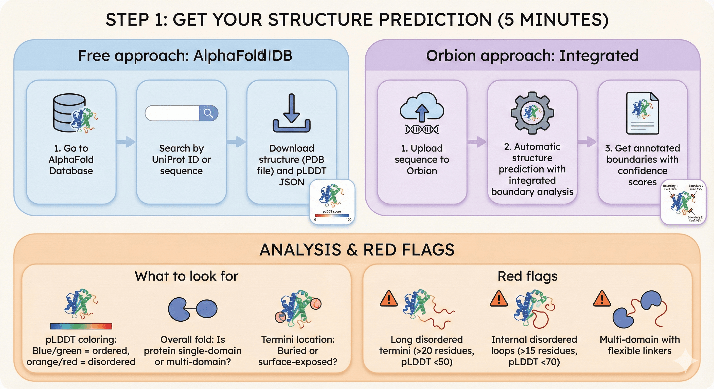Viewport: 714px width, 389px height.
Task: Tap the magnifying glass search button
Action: [208, 113]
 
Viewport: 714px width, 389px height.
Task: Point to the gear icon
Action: [532, 113]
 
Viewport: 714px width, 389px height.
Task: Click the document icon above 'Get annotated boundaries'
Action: [642, 113]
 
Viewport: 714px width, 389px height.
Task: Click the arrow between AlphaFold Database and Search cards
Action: [126, 142]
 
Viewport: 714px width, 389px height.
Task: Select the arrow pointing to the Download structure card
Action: [236, 142]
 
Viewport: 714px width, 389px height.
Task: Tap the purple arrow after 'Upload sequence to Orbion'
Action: [477, 142]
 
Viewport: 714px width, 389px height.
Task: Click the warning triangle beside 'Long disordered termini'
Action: [389, 299]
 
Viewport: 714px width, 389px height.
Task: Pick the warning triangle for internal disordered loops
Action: [499, 299]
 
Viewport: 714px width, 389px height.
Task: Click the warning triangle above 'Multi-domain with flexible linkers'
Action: [602, 299]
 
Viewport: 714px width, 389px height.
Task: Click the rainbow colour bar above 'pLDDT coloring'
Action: [81, 326]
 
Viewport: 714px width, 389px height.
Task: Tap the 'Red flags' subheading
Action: [527, 276]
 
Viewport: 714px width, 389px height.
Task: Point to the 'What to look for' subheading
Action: [187, 276]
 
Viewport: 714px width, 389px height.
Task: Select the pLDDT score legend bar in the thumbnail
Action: [332, 216]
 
